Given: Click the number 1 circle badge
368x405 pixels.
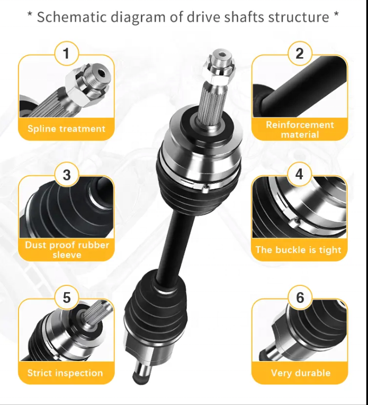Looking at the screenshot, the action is [x=66, y=53].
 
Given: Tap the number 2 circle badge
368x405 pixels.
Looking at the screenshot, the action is [x=300, y=53].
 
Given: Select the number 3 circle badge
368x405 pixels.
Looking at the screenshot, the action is [x=66, y=175].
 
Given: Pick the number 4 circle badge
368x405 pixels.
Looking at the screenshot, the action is [x=299, y=174].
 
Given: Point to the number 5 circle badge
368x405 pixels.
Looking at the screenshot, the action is [x=66, y=298].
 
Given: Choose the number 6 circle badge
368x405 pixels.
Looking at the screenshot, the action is [x=300, y=298].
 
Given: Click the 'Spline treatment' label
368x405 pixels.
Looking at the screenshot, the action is [x=66, y=129].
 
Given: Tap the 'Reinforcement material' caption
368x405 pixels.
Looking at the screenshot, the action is [x=300, y=130].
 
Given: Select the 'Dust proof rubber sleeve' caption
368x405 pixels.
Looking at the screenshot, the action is [x=67, y=250].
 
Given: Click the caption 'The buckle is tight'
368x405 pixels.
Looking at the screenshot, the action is [x=298, y=250].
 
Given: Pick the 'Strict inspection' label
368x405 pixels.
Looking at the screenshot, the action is [x=65, y=373].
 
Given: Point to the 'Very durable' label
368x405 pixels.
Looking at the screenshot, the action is [x=301, y=373].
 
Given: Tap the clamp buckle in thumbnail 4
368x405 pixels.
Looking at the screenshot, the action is [x=294, y=222].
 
